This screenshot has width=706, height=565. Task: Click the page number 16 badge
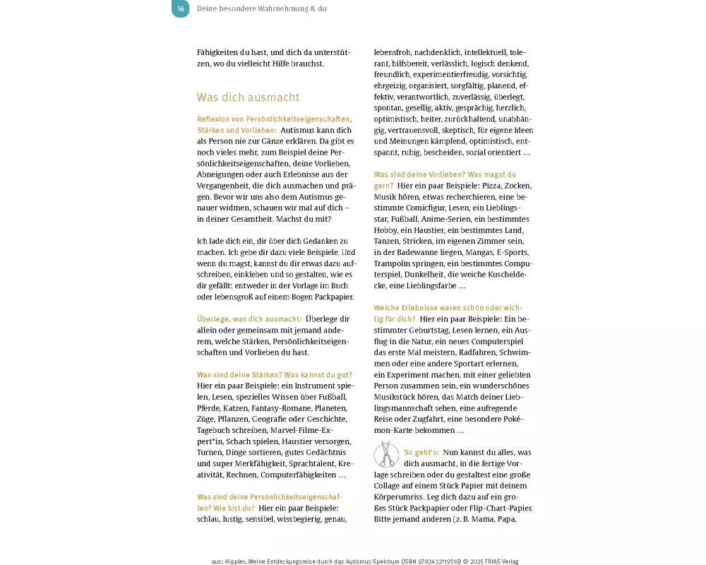(x=181, y=9)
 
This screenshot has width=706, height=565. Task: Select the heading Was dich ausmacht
(x=248, y=97)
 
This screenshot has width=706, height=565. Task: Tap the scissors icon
(x=386, y=454)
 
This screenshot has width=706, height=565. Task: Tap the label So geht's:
(x=421, y=453)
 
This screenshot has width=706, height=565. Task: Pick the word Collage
(x=390, y=486)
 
